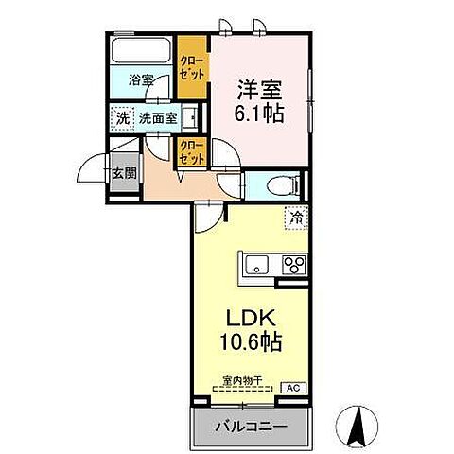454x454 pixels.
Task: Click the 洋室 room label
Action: (x=259, y=91)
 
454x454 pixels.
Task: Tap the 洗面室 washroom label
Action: (x=158, y=118)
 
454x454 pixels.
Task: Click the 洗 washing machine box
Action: (x=122, y=118)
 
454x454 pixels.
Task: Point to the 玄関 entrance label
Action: (x=122, y=173)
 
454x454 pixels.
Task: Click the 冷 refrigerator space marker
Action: (x=296, y=218)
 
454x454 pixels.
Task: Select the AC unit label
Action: (x=291, y=387)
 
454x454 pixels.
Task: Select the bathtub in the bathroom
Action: (x=142, y=50)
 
